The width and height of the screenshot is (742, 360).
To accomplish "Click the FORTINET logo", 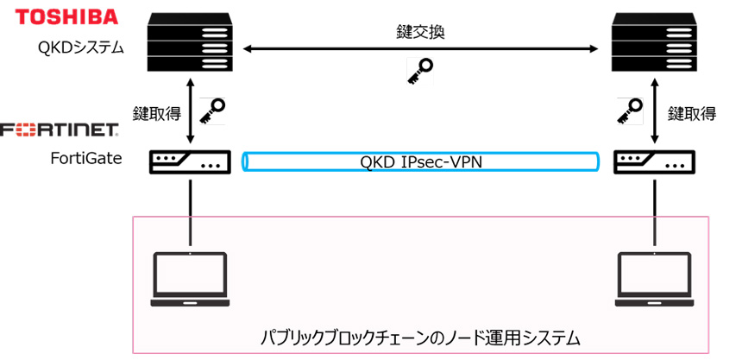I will (60, 130).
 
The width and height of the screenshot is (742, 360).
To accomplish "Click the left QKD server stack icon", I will (190, 43).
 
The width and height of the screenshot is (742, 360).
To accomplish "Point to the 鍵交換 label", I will (420, 32).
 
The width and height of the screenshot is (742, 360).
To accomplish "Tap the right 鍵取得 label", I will (691, 113).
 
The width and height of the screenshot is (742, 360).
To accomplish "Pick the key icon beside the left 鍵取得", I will (212, 110).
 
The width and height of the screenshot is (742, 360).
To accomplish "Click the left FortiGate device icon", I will (190, 161).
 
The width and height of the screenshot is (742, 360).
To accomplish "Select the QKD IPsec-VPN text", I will (419, 161).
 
